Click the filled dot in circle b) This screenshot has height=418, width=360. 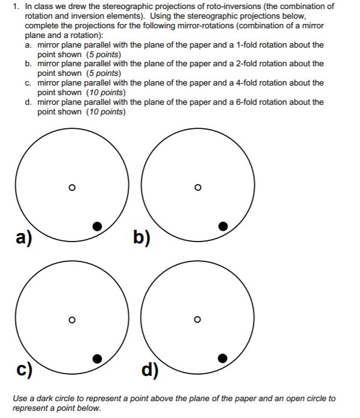[x=223, y=226]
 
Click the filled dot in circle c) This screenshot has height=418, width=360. [x=97, y=358]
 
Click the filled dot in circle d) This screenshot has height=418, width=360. [x=223, y=358]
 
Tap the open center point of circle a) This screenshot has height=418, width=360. [x=72, y=188]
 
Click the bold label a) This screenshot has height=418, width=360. [x=25, y=239]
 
